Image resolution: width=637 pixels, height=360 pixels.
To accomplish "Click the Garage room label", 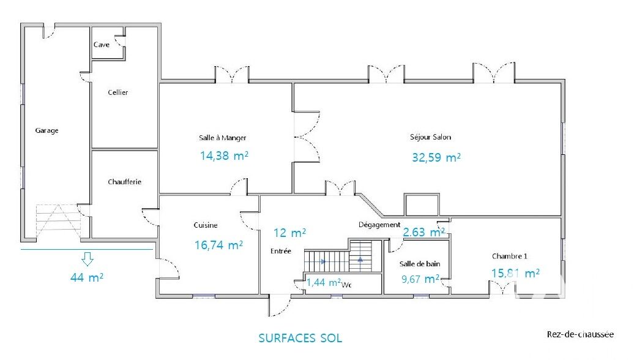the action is click(47, 130).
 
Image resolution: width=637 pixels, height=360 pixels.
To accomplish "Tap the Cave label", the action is click(102, 45).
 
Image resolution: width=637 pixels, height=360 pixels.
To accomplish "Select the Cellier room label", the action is click(118, 92).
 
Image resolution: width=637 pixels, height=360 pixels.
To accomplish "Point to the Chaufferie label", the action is click(125, 182).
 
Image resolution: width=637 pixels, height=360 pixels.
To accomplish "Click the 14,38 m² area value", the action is click(224, 156).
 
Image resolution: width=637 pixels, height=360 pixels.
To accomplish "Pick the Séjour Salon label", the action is click(431, 137).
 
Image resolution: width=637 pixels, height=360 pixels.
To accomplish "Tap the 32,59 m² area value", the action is click(436, 157).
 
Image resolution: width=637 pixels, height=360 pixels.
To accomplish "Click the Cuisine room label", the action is click(206, 225).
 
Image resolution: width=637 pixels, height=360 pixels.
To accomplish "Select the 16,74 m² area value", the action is click(218, 245).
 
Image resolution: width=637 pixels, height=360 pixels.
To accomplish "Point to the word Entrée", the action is click(281, 251).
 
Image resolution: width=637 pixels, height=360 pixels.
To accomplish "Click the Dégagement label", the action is click(379, 225).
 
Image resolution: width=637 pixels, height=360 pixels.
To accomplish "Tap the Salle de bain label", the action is click(420, 264).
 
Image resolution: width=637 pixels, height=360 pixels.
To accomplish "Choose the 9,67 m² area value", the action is click(420, 279).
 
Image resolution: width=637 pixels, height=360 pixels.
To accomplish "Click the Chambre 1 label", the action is click(510, 256).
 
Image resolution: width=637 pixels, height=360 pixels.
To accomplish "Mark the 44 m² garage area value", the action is click(87, 277).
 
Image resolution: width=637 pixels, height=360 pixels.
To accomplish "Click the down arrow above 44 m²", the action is click(88, 259).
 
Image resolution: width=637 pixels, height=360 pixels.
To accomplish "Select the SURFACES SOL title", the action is click(300, 338).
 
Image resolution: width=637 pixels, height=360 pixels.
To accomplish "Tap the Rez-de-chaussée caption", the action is click(580, 334).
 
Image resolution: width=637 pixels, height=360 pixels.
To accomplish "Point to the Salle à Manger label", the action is click(223, 138).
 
